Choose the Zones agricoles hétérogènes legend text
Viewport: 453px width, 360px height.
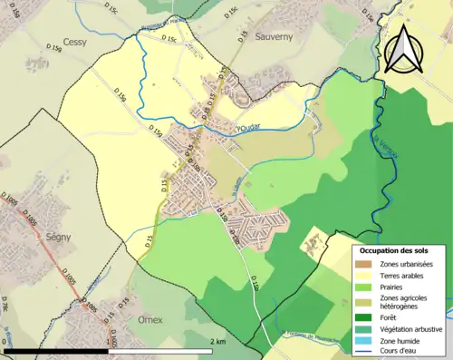[407, 303]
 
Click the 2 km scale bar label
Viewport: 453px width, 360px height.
[217, 341]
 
